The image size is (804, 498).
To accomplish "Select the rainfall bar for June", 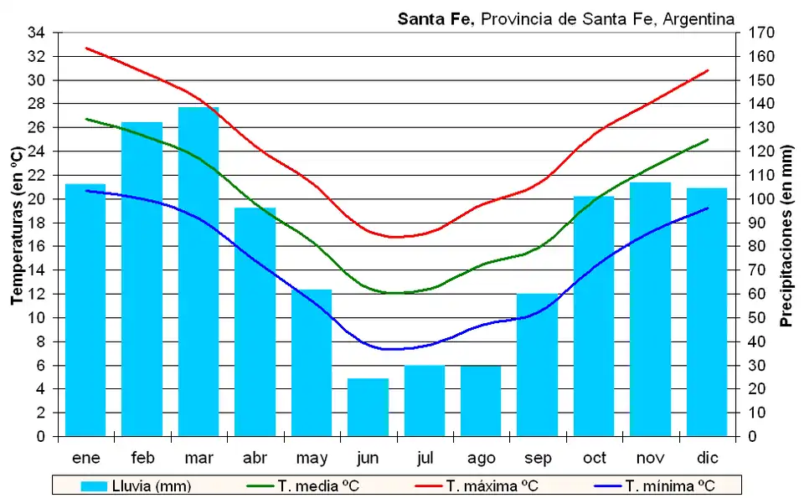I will (x=368, y=408).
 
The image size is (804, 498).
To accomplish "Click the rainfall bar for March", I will (x=198, y=272).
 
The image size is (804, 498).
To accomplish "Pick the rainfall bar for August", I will (x=481, y=401).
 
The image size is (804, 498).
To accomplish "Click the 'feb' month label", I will (x=142, y=458).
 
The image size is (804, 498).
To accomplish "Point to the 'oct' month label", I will (x=594, y=458).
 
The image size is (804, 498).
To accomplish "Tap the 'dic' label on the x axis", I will (x=707, y=458).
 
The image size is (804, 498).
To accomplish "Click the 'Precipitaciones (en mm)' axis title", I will (x=786, y=234).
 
